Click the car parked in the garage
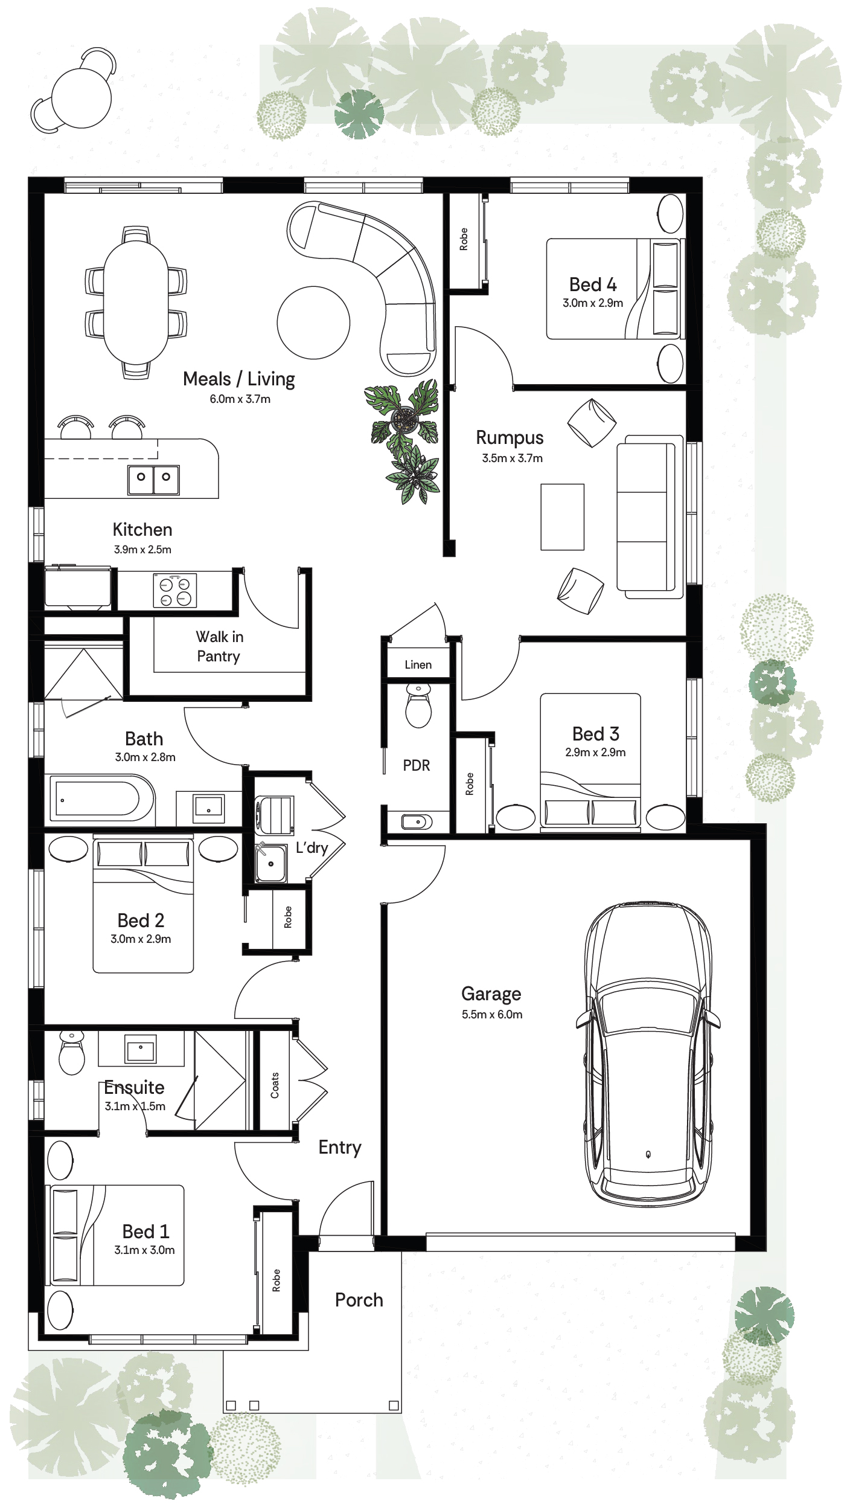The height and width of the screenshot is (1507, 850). [648, 1054]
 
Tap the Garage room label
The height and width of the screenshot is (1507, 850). [491, 994]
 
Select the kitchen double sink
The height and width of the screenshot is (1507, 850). [153, 480]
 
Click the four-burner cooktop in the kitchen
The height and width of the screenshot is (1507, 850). [175, 591]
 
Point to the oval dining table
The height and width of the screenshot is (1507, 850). [136, 302]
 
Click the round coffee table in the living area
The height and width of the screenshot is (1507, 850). [313, 323]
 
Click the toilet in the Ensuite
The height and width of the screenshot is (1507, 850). [72, 1053]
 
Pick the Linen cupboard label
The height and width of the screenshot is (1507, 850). [418, 664]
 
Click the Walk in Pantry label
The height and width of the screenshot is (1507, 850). [219, 646]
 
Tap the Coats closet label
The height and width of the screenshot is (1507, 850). [275, 1085]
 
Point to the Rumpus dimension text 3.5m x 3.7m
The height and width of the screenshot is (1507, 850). [512, 458]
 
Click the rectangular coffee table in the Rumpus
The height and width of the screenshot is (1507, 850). [563, 517]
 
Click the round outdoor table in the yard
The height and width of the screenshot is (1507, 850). [81, 98]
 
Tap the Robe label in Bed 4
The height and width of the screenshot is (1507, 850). [464, 239]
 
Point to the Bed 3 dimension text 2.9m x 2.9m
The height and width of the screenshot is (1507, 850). [595, 752]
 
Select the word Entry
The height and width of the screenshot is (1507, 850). [340, 1148]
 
